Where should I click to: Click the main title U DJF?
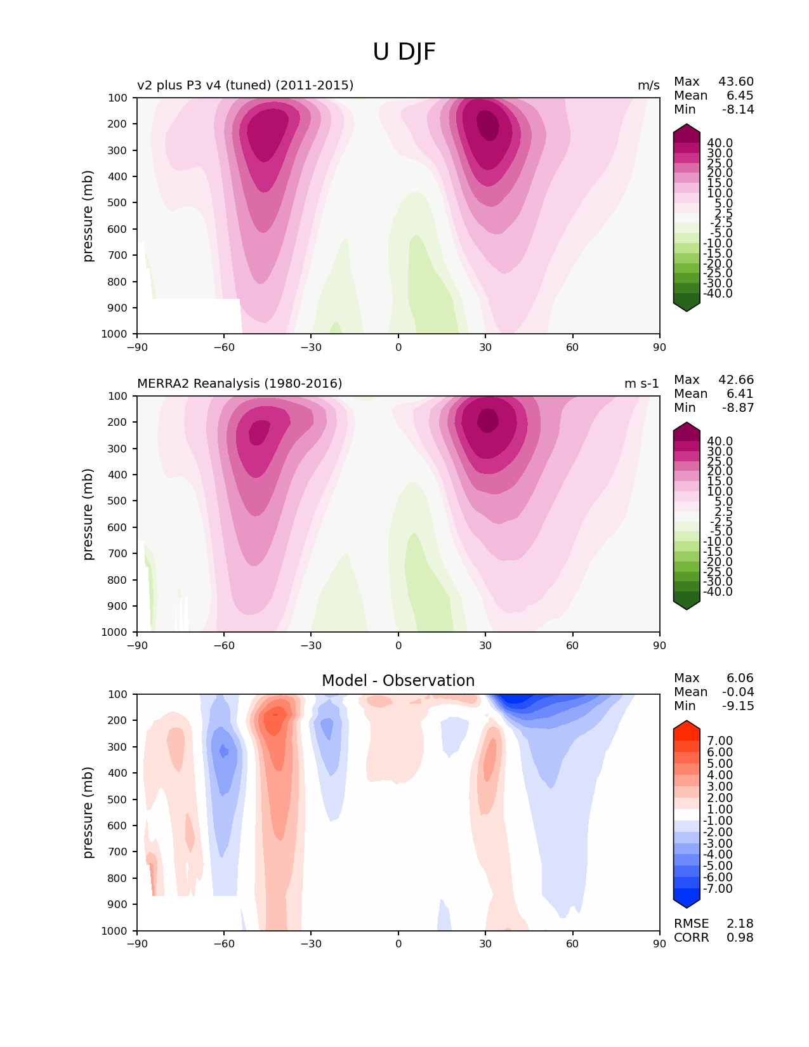(404, 52)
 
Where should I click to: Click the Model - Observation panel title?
(398, 681)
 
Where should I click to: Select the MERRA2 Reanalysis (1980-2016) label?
(239, 383)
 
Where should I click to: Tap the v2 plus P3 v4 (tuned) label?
(245, 85)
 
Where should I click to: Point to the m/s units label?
(648, 85)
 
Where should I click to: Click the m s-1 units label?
(641, 383)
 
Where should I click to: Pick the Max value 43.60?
(736, 81)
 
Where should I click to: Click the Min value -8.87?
(738, 407)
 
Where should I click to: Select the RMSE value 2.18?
(740, 923)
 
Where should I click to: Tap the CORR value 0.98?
(740, 937)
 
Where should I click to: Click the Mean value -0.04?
(738, 692)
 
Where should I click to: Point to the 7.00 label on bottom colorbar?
(720, 741)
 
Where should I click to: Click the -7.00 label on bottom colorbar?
(718, 888)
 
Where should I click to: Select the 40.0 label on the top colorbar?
(720, 143)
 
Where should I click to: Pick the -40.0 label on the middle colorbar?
(718, 591)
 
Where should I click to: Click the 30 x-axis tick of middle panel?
(485, 645)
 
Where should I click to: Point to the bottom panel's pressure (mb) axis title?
(88, 812)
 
